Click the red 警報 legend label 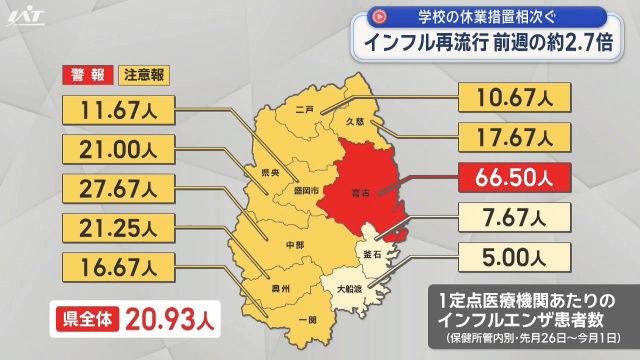click(x=88, y=75)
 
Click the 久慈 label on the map click(x=353, y=121)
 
